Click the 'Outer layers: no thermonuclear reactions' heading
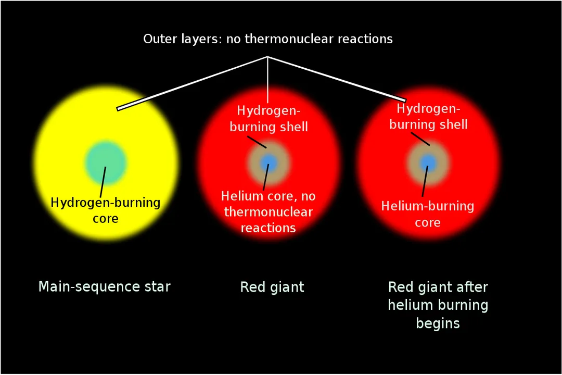[x=268, y=39]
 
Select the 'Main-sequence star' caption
[x=105, y=286]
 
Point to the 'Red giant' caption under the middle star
[x=272, y=287]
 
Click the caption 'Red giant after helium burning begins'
[x=438, y=305]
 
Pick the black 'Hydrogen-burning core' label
[x=106, y=210]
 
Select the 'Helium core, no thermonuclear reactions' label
[x=269, y=212]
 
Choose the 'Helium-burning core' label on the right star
[x=428, y=214]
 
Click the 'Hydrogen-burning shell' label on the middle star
[x=269, y=118]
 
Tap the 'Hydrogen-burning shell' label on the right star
[x=428, y=117]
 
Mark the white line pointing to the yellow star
[x=193, y=83]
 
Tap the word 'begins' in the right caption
[x=438, y=323]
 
